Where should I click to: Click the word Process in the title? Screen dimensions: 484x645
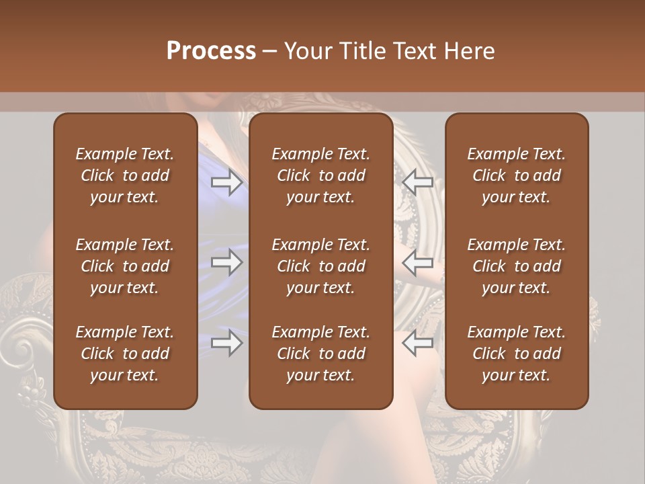tap(211, 50)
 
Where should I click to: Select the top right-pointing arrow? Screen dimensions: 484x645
tap(226, 182)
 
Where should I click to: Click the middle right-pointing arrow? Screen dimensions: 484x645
tap(226, 262)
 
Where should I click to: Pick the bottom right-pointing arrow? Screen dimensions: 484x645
tap(226, 343)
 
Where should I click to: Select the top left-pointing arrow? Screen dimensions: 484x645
tap(417, 182)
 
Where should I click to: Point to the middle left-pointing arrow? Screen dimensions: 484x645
tap(417, 262)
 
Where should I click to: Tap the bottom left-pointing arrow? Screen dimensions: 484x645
tap(417, 343)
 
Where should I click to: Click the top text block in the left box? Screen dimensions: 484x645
tap(125, 175)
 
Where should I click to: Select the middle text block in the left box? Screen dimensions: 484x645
tap(125, 266)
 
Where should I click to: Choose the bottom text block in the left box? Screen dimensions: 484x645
tap(125, 354)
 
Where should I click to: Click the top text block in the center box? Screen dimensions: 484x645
tap(320, 175)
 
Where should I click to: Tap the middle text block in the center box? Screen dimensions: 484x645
tap(320, 266)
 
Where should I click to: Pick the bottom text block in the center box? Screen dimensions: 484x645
tap(320, 354)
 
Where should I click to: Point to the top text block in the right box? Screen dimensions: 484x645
tap(517, 175)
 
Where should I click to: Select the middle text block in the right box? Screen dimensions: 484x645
tap(517, 266)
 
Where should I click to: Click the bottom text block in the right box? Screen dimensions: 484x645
tap(517, 354)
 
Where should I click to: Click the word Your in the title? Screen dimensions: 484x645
tap(305, 50)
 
